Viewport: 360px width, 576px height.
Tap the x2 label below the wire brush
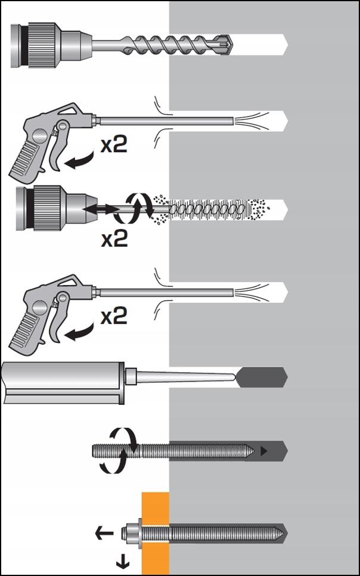pos(114,239)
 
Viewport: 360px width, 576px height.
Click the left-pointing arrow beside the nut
pos(105,532)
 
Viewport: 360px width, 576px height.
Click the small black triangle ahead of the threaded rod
pos(263,453)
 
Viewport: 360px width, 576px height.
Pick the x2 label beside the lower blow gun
pos(114,315)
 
